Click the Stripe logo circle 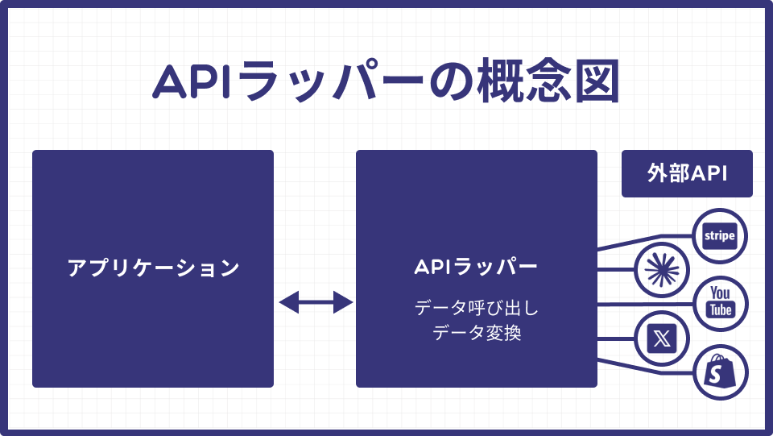pyautogui.click(x=720, y=235)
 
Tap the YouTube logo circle pyautogui.click(x=720, y=303)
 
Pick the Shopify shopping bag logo pyautogui.click(x=720, y=372)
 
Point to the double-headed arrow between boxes pyautogui.click(x=315, y=303)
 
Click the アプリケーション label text pyautogui.click(x=153, y=268)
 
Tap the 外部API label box pyautogui.click(x=687, y=173)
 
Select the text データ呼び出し pyautogui.click(x=476, y=308)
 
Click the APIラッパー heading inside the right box pyautogui.click(x=476, y=267)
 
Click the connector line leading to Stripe pyautogui.click(x=644, y=240)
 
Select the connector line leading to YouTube pyautogui.click(x=644, y=303)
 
